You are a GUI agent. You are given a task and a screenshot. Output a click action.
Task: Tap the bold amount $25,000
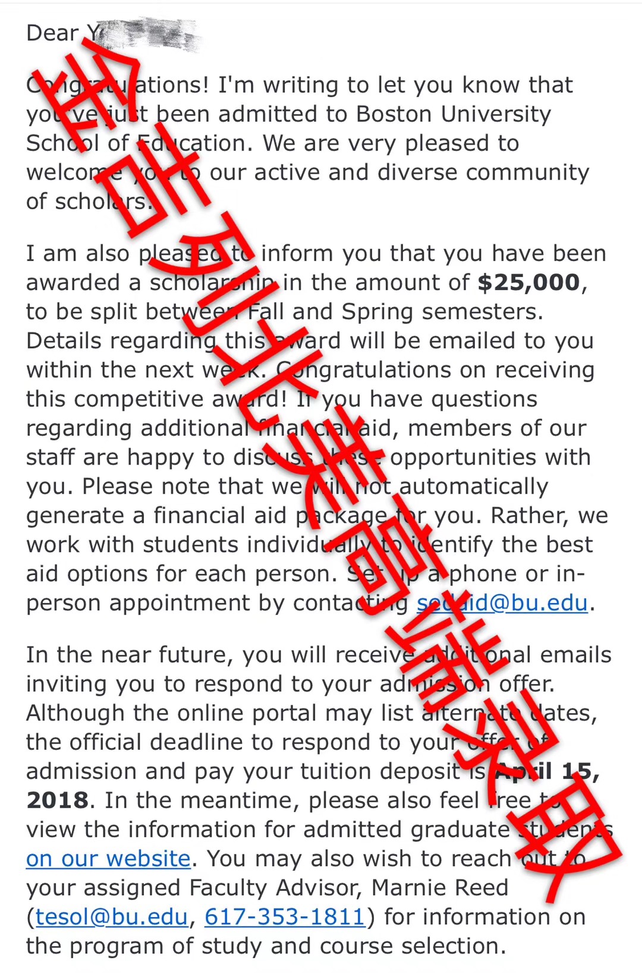(528, 283)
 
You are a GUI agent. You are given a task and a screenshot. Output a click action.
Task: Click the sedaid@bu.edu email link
(502, 603)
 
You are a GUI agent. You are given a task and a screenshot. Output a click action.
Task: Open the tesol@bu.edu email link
(112, 917)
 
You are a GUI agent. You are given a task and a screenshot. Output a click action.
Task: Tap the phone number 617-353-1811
(285, 917)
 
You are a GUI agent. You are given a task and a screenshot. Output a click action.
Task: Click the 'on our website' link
(108, 859)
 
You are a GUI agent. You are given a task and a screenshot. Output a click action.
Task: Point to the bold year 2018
(57, 801)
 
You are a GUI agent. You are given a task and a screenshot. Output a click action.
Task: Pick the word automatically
(473, 487)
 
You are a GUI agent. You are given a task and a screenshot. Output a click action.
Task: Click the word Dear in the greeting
(52, 33)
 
